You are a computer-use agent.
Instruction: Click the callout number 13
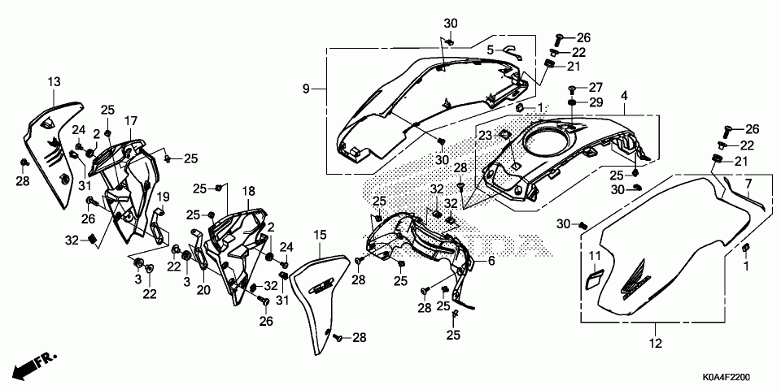click(54, 82)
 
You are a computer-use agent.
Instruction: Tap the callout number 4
click(624, 96)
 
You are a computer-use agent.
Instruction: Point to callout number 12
click(656, 343)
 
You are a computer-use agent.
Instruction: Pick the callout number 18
click(249, 191)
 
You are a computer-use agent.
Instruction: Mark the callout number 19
click(163, 197)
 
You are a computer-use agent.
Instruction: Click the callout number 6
click(491, 262)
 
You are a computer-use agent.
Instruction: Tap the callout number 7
click(748, 184)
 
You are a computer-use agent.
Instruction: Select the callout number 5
click(490, 50)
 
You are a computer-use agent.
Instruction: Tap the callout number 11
click(595, 258)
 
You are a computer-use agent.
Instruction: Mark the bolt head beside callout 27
click(574, 88)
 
